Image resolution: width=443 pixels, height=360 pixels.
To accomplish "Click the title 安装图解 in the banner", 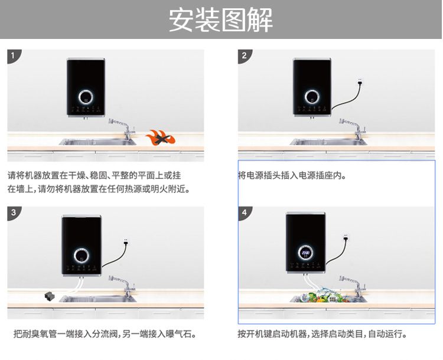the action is (x=221, y=19).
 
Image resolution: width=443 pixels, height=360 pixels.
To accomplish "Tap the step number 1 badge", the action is (x=13, y=55).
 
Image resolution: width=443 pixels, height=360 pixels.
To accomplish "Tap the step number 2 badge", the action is (x=244, y=55).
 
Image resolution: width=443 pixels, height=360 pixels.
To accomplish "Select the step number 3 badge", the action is (x=13, y=212).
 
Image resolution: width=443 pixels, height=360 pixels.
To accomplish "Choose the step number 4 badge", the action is (x=245, y=212).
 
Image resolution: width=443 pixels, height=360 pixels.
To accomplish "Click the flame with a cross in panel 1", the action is (x=161, y=138).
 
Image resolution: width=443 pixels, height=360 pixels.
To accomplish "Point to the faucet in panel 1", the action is (x=122, y=129).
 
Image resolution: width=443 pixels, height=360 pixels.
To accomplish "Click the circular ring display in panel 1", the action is (x=86, y=97).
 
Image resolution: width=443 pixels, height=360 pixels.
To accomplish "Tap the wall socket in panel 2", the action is (x=360, y=82).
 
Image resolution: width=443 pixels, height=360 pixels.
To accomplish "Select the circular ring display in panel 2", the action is (x=312, y=97).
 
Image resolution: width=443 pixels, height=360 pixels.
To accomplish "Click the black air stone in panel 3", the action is (x=50, y=296).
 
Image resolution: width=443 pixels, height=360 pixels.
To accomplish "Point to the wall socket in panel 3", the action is (x=126, y=241).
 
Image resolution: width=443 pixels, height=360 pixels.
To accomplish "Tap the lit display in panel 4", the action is (x=305, y=253).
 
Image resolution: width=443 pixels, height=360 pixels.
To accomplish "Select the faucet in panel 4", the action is (x=353, y=286).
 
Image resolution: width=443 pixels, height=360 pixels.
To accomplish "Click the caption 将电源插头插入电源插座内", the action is (x=292, y=176).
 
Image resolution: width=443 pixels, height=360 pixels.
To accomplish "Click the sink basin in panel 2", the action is (x=328, y=142).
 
